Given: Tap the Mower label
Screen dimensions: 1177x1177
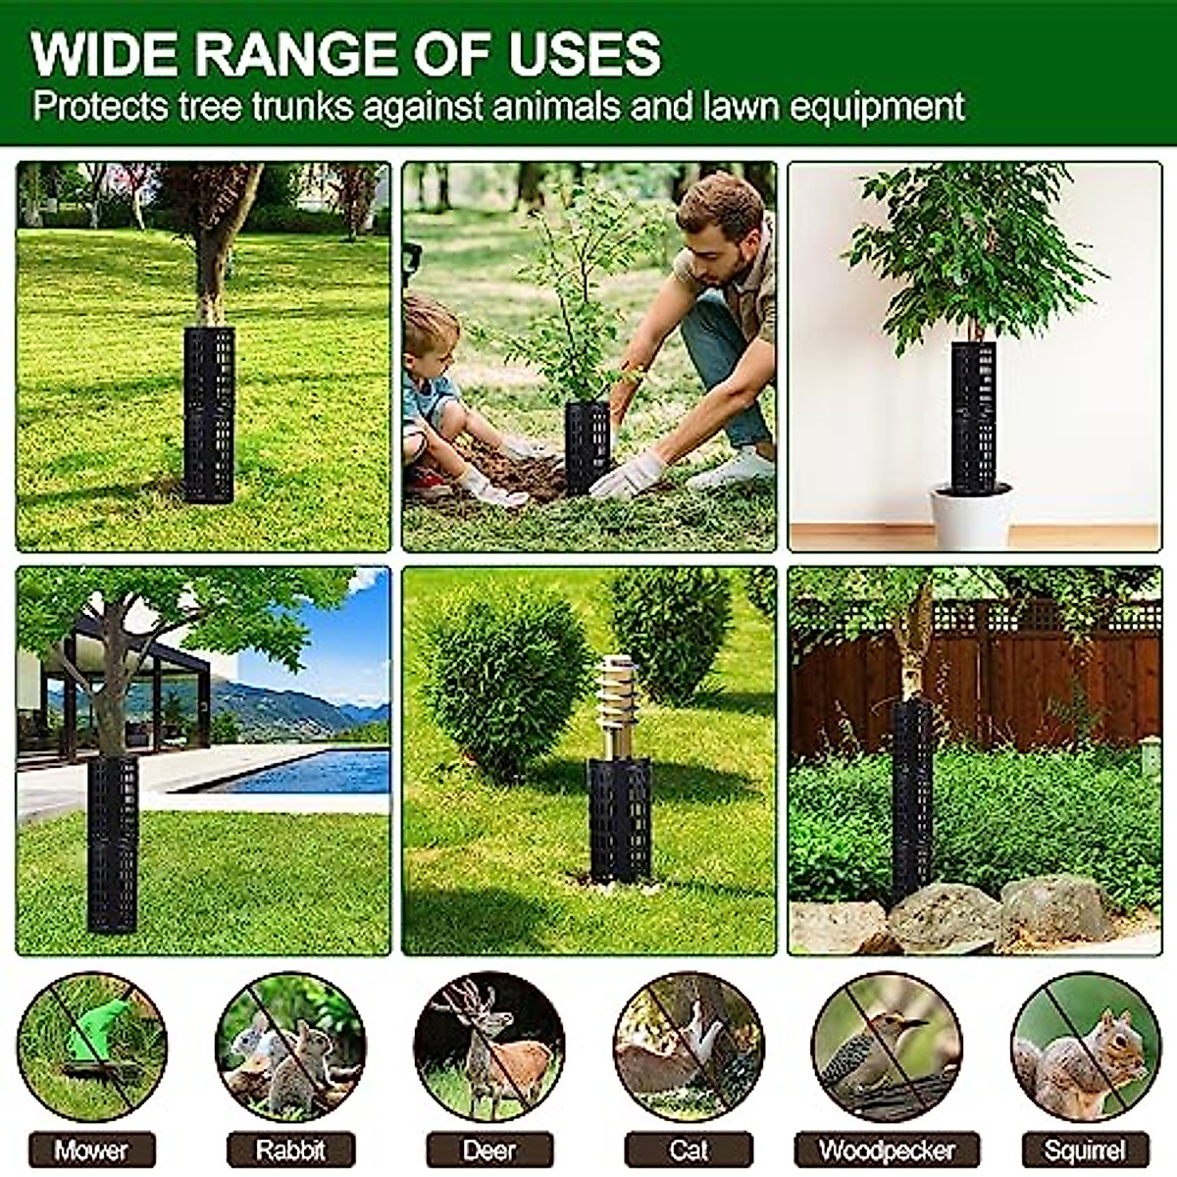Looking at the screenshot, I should click(91, 1150).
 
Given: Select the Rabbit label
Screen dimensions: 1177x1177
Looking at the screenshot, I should click(290, 1150).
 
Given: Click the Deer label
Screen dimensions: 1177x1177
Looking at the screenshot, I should click(489, 1150).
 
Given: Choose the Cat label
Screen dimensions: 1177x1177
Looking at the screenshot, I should click(689, 1150).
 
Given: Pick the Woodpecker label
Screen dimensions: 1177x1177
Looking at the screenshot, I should click(888, 1150).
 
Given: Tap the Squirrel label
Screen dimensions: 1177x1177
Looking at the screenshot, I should click(1085, 1150).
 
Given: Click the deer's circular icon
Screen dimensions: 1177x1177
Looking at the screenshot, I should click(489, 1047).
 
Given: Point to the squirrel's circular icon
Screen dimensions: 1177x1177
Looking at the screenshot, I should click(1085, 1047).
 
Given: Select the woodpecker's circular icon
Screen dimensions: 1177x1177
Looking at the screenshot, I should click(888, 1047).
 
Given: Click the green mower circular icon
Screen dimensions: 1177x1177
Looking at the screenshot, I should click(91, 1047).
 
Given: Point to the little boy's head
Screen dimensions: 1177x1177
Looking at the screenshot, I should click(432, 329).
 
